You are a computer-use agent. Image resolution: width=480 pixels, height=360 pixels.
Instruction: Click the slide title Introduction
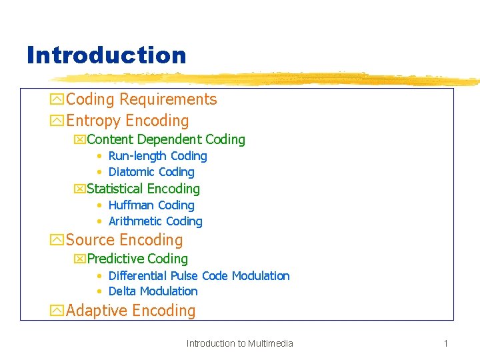tap(106, 55)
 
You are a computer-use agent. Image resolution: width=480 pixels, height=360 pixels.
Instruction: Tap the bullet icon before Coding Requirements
tap(57, 100)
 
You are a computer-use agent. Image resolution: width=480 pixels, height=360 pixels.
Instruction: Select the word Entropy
tap(93, 121)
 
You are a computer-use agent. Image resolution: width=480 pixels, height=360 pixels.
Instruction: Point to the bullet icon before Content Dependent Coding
tap(80, 140)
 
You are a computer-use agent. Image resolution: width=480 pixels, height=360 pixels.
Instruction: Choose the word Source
tap(89, 240)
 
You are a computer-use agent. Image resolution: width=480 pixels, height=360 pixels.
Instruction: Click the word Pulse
tap(185, 276)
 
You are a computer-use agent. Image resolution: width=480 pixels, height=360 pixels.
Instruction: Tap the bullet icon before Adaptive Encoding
tap(57, 311)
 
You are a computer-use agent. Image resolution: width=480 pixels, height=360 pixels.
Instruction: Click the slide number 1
tap(445, 343)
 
